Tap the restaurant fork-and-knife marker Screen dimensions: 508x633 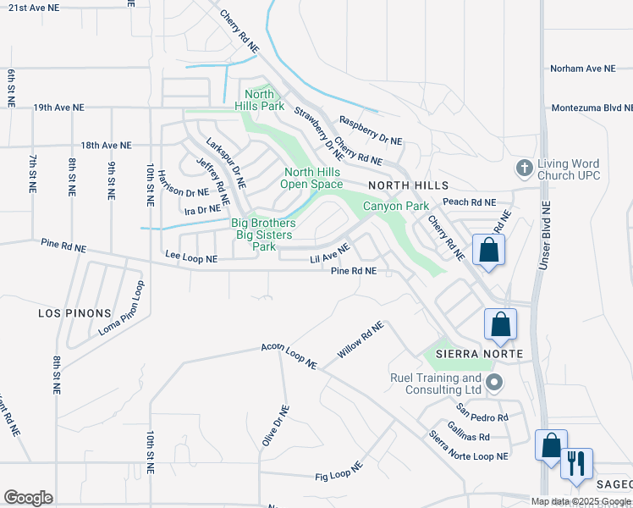pyautogui.click(x=576, y=463)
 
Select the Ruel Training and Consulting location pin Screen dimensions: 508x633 pyautogui.click(x=495, y=384)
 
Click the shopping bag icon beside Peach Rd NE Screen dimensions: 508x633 pyautogui.click(x=488, y=250)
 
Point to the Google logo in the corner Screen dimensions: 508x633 pyautogui.click(x=28, y=498)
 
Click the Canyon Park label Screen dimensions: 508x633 pyautogui.click(x=396, y=206)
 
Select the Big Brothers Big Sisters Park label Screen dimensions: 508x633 pyautogui.click(x=262, y=235)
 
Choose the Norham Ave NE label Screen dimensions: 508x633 pyautogui.click(x=586, y=68)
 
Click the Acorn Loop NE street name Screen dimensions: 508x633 pyautogui.click(x=289, y=356)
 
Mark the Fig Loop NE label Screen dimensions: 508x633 pyautogui.click(x=338, y=472)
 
